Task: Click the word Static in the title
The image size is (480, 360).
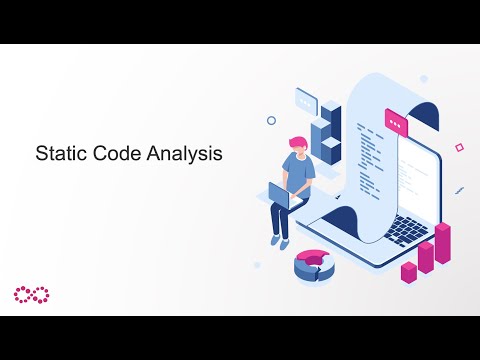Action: point(59,155)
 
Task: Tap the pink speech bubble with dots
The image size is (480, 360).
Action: point(398,126)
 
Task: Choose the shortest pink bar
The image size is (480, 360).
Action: point(408,271)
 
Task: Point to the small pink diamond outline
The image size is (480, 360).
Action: point(459,147)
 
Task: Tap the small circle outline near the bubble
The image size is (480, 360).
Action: point(271,120)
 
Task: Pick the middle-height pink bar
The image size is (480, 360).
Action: point(426,256)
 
